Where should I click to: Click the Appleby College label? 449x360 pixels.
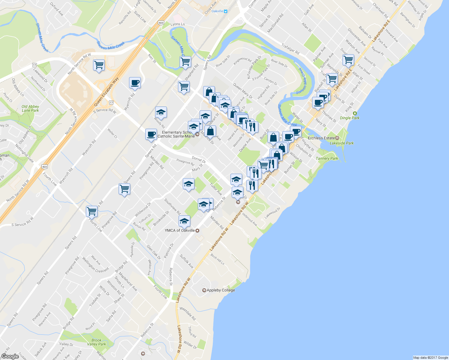click(221, 290)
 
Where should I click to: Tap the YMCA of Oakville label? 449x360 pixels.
click(180, 230)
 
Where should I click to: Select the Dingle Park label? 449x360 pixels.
click(350, 118)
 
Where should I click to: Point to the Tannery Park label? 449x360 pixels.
click(327, 158)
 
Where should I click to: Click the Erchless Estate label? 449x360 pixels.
click(321, 138)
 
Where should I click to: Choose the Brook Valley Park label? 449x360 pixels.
click(96, 342)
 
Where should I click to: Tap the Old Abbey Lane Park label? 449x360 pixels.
click(30, 108)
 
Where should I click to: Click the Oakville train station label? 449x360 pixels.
click(217, 11)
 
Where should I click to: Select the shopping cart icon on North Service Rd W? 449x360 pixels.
click(99, 65)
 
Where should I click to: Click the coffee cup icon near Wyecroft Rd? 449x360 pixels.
click(135, 82)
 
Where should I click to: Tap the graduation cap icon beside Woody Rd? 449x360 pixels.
click(161, 112)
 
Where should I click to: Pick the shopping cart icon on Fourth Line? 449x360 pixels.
click(92, 211)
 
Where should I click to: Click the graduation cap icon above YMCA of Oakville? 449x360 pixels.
click(184, 221)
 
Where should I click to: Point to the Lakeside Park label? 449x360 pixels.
click(342, 143)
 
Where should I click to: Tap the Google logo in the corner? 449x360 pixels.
click(10, 356)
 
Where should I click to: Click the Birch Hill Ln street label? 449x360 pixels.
click(217, 259)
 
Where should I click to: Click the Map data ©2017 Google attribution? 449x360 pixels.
click(430, 358)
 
